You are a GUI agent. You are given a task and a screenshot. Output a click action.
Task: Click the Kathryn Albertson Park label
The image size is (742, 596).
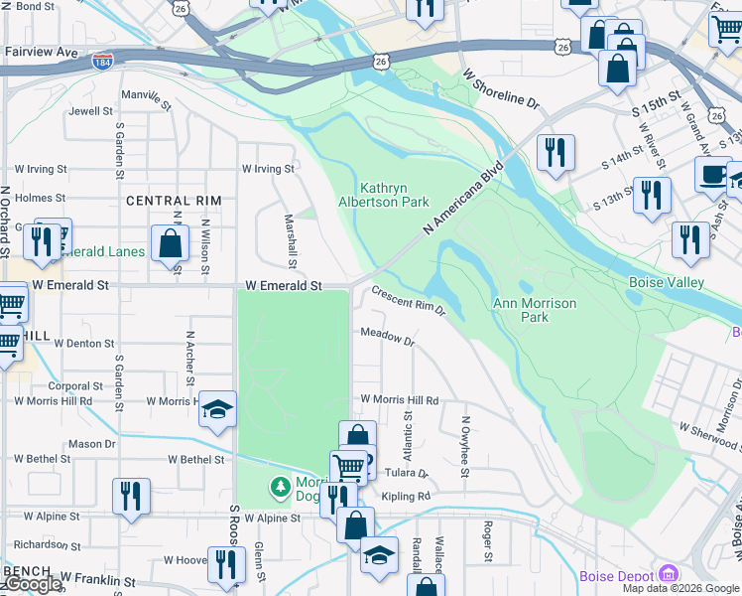coord(394,195)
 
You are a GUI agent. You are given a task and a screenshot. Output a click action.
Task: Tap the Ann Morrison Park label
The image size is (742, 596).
coord(521,310)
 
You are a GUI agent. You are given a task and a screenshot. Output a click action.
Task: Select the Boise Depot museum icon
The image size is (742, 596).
coord(669,575)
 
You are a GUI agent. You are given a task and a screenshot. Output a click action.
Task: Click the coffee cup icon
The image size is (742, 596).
coord(712,175)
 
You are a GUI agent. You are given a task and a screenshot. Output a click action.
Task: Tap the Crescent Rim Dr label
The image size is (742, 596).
coord(409,302)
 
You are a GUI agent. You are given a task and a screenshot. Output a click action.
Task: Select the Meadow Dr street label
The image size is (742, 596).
coord(387,338)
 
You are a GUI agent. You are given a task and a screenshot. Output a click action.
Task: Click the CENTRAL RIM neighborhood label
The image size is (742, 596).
coord(174,201)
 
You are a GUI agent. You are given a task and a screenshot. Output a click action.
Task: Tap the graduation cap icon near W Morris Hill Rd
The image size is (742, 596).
coord(217,408)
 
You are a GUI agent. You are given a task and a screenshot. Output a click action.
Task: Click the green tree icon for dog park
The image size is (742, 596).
coord(281,486)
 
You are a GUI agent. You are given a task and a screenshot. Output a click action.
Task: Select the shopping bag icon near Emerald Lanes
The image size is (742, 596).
coord(171,243)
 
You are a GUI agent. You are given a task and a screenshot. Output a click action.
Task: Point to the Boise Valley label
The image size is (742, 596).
coord(667,283)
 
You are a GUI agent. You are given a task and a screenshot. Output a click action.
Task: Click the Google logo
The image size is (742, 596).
coord(32,585)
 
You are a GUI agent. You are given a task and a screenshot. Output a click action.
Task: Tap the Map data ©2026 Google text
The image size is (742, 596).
coord(680,588)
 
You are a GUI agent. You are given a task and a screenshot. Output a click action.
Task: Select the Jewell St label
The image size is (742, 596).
coord(90,111)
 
